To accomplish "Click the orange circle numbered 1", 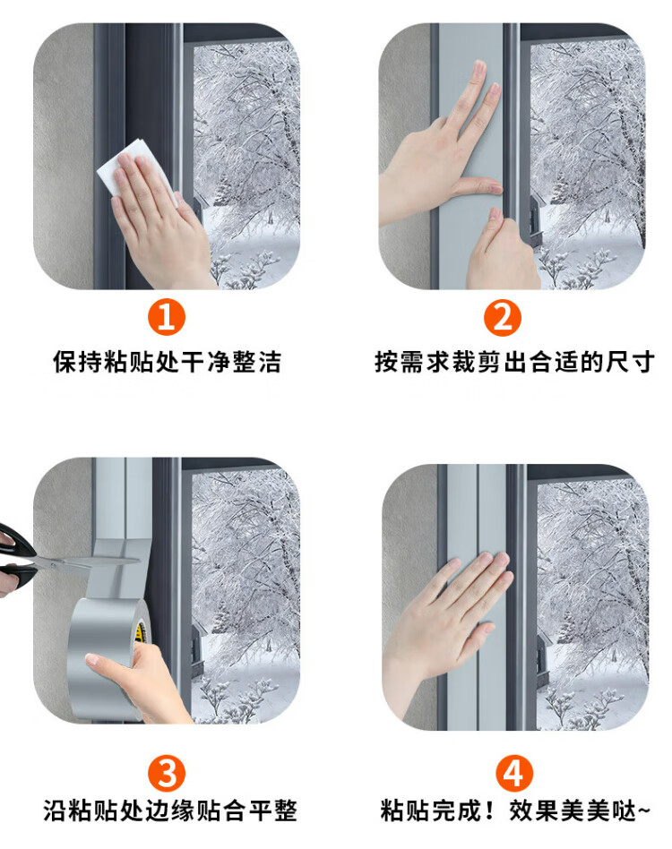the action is tap(167, 317).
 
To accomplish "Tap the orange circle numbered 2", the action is tap(503, 317).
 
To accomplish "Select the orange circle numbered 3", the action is tap(167, 773).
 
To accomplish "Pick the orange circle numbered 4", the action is tap(514, 773).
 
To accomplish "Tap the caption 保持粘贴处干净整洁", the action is tap(167, 362).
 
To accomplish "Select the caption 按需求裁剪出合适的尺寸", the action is tap(514, 362).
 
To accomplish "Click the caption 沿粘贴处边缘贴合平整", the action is tap(170, 810).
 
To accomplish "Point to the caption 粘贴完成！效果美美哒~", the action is tap(514, 810).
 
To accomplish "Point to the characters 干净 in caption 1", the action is tap(206, 362).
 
